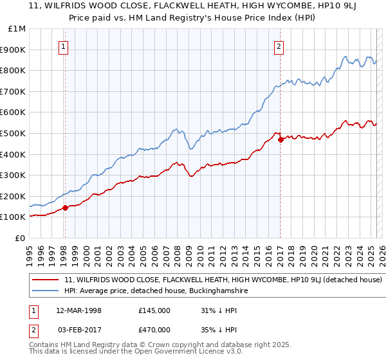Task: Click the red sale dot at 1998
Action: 65,208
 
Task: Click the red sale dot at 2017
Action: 280,140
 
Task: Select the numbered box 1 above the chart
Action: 65,46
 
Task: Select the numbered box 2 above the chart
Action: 279,46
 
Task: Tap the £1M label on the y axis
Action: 17,29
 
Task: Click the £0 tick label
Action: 20,238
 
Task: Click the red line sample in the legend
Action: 46,280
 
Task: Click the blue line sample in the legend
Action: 46,291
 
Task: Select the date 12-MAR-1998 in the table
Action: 79,310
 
